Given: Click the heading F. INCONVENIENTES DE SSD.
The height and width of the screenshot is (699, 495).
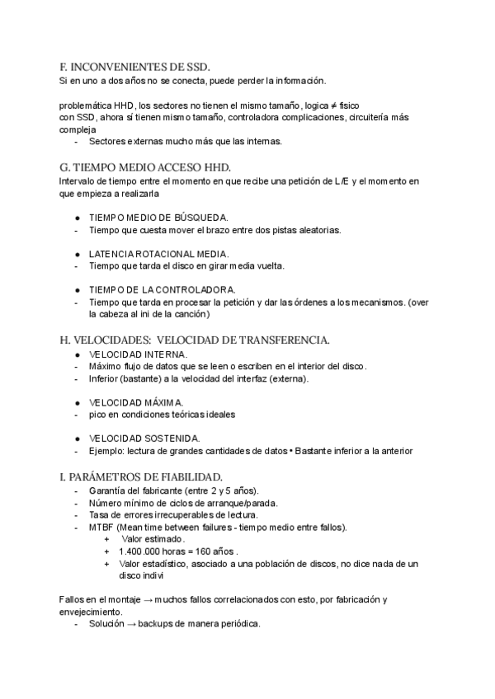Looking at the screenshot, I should click(x=135, y=67).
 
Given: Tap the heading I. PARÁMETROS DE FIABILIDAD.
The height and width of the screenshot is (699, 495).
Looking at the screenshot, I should click(x=141, y=476).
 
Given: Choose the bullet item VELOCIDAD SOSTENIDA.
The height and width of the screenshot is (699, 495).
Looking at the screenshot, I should click(x=144, y=438).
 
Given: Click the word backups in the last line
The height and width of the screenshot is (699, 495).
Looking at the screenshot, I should click(x=156, y=624).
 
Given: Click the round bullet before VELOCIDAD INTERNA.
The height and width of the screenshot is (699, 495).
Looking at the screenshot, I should click(x=77, y=354).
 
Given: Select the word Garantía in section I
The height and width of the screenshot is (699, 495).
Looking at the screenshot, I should click(x=108, y=490).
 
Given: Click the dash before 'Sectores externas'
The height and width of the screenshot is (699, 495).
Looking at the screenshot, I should click(x=77, y=141).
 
